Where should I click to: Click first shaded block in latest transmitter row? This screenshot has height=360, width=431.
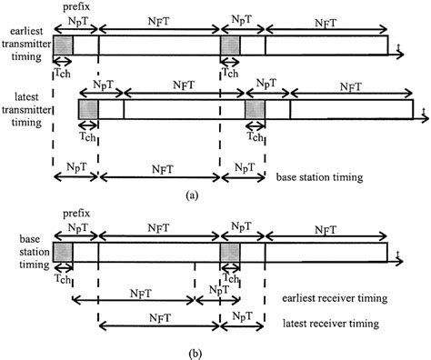tap(88, 109)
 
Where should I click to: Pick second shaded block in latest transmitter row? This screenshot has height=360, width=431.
tap(255, 109)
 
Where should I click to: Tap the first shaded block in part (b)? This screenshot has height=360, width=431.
tap(63, 253)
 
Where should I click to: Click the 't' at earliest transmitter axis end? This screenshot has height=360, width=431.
tap(398, 46)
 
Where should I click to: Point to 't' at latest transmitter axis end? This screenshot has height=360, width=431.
tap(423, 109)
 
